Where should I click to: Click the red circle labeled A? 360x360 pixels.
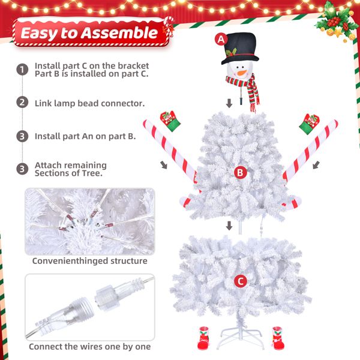pos(221,40)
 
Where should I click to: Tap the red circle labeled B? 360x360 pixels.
pos(240,172)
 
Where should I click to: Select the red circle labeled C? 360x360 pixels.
pos(241,281)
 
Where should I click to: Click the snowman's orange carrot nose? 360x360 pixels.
pos(242,73)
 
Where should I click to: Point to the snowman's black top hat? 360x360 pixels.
pos(239,48)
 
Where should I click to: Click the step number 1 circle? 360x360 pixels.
pos(22,70)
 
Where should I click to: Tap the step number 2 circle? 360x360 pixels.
pos(22,103)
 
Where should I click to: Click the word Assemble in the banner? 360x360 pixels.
pos(119,33)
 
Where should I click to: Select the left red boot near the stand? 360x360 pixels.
pos(203,338)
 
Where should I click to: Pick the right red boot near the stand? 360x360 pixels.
pos(278,338)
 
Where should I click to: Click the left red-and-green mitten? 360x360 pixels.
pos(170,121)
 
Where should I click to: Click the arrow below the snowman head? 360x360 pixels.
pos(229,103)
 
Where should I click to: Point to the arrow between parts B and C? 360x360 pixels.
pos(229,226)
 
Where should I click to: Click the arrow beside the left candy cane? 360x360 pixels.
pos(164,165)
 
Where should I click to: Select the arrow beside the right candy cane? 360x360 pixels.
pos(316,165)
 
